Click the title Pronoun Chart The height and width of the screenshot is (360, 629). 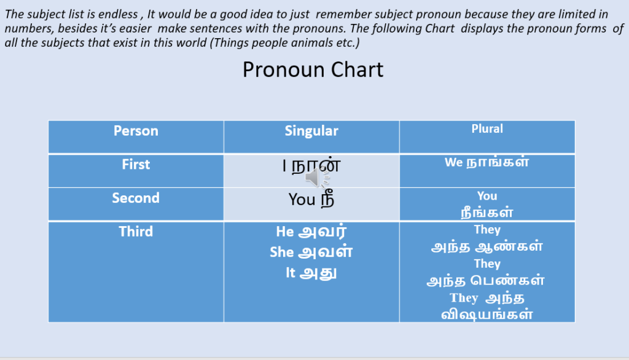[313, 70]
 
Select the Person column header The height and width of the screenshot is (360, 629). [136, 131]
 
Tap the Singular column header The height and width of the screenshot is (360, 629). [311, 131]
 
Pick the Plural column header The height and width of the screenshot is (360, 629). [487, 128]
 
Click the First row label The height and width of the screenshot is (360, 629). [136, 164]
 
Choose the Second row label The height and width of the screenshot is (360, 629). [136, 198]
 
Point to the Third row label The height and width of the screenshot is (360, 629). [136, 232]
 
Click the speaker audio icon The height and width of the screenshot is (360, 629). [317, 178]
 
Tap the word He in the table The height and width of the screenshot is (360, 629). [285, 232]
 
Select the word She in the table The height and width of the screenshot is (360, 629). [281, 252]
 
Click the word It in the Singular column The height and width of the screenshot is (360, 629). [291, 273]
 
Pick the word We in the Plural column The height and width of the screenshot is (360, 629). [454, 162]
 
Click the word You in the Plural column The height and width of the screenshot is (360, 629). [487, 196]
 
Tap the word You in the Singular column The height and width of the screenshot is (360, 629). [302, 200]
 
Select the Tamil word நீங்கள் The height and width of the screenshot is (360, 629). [487, 211]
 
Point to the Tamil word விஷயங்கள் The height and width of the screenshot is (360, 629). [487, 314]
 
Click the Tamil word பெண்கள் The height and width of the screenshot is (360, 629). [507, 280]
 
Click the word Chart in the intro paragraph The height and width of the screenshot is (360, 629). [440, 28]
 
